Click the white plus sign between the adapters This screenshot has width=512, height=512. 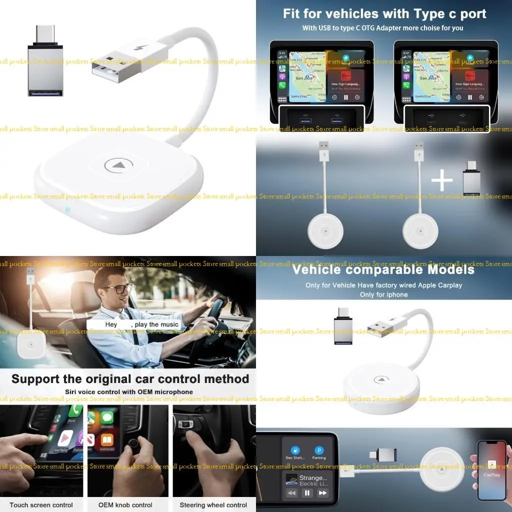tap(442, 181)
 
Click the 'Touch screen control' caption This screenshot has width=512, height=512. tap(41, 505)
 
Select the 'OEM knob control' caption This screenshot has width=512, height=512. tap(125, 505)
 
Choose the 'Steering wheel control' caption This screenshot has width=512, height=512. tap(213, 505)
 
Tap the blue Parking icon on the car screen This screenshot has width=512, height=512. tap(319, 451)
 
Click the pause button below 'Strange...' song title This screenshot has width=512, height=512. tap(307, 493)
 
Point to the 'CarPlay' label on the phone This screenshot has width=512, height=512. tap(491, 475)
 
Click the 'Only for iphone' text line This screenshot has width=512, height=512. tap(383, 294)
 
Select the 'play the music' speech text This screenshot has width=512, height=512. tap(156, 324)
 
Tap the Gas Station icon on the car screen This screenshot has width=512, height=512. tap(295, 451)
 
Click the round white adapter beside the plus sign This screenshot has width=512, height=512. tap(419, 231)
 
